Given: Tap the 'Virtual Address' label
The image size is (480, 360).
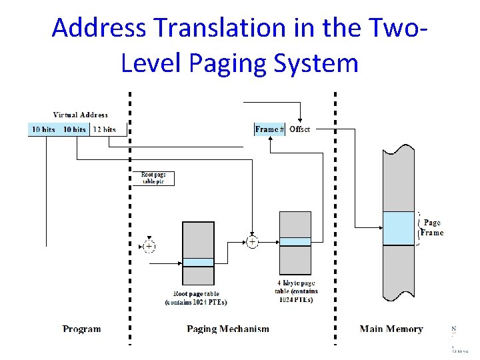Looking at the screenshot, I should [x=80, y=115].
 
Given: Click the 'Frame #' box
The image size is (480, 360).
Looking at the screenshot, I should [x=270, y=129].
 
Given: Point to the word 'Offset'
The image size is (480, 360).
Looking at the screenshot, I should [x=299, y=129].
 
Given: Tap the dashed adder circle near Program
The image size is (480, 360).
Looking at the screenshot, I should [x=149, y=246].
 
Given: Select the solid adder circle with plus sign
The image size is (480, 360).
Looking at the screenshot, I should [x=253, y=242].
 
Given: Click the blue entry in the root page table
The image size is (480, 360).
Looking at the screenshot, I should [x=198, y=262].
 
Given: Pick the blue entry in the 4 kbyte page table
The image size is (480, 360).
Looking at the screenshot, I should [x=295, y=241].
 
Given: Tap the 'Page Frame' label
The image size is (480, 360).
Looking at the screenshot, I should [x=432, y=228].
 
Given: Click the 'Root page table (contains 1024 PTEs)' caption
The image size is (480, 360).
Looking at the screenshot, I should [x=196, y=298].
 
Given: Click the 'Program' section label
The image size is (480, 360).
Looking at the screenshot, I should [x=82, y=329].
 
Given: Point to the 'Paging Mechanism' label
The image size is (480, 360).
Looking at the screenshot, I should [x=228, y=329].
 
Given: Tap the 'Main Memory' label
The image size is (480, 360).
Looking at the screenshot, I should [x=391, y=329].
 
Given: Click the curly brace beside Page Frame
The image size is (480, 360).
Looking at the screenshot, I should [x=419, y=228].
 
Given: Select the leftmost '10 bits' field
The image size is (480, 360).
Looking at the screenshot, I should [x=43, y=129].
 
